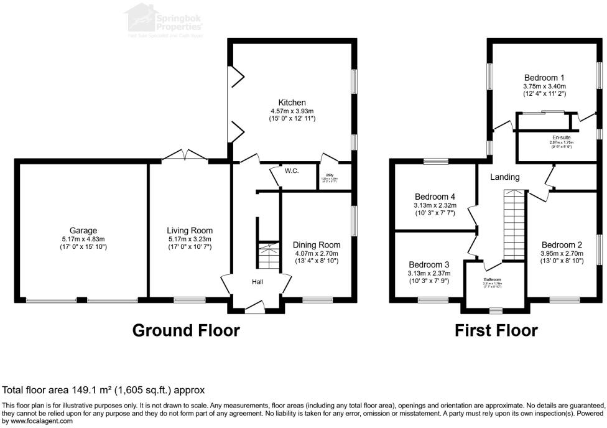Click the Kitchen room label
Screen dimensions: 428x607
[x=292, y=102]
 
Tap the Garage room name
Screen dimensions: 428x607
[x=83, y=230]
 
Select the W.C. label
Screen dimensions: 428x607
[x=292, y=170]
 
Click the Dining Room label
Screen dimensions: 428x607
[x=317, y=244]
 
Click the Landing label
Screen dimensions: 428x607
[x=504, y=177]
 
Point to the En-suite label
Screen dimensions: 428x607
[x=561, y=137]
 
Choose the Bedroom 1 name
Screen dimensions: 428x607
[x=544, y=78]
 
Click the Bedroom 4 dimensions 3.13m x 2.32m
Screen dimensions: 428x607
[x=435, y=205]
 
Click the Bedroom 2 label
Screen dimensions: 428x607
[x=562, y=244]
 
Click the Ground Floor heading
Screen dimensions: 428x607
[x=186, y=330]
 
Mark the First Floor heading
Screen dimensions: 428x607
[x=496, y=330]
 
